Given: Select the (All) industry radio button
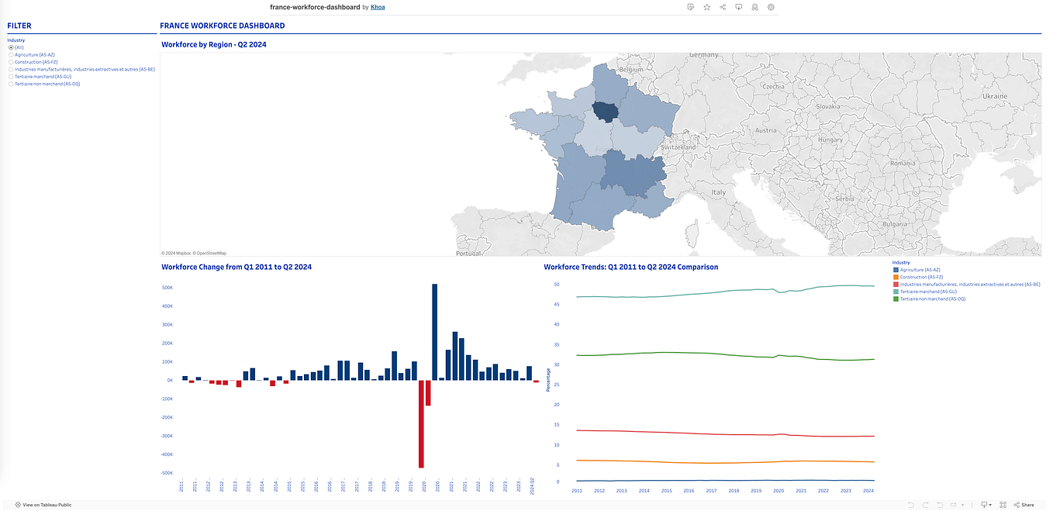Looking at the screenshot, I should click(11, 47).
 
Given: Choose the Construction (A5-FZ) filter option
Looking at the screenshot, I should click(11, 62).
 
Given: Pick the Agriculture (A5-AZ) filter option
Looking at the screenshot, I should click(11, 55).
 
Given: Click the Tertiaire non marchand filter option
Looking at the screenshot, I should click(11, 84).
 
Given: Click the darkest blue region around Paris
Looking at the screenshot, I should click(606, 112).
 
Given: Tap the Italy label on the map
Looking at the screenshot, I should click(719, 192).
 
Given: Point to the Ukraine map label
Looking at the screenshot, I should click(995, 95).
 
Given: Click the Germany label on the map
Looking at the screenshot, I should click(704, 55).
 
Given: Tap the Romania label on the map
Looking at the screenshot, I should click(903, 164).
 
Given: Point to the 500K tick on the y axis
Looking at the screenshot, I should click(167, 288).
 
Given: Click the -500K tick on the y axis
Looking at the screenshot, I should click(166, 473).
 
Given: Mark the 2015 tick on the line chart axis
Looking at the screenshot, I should click(666, 491).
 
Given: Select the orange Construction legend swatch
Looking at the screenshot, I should click(896, 278).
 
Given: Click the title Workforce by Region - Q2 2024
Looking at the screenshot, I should click(213, 45).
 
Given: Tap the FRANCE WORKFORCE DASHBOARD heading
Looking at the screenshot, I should click(222, 26).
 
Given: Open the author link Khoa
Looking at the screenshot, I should click(378, 7).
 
